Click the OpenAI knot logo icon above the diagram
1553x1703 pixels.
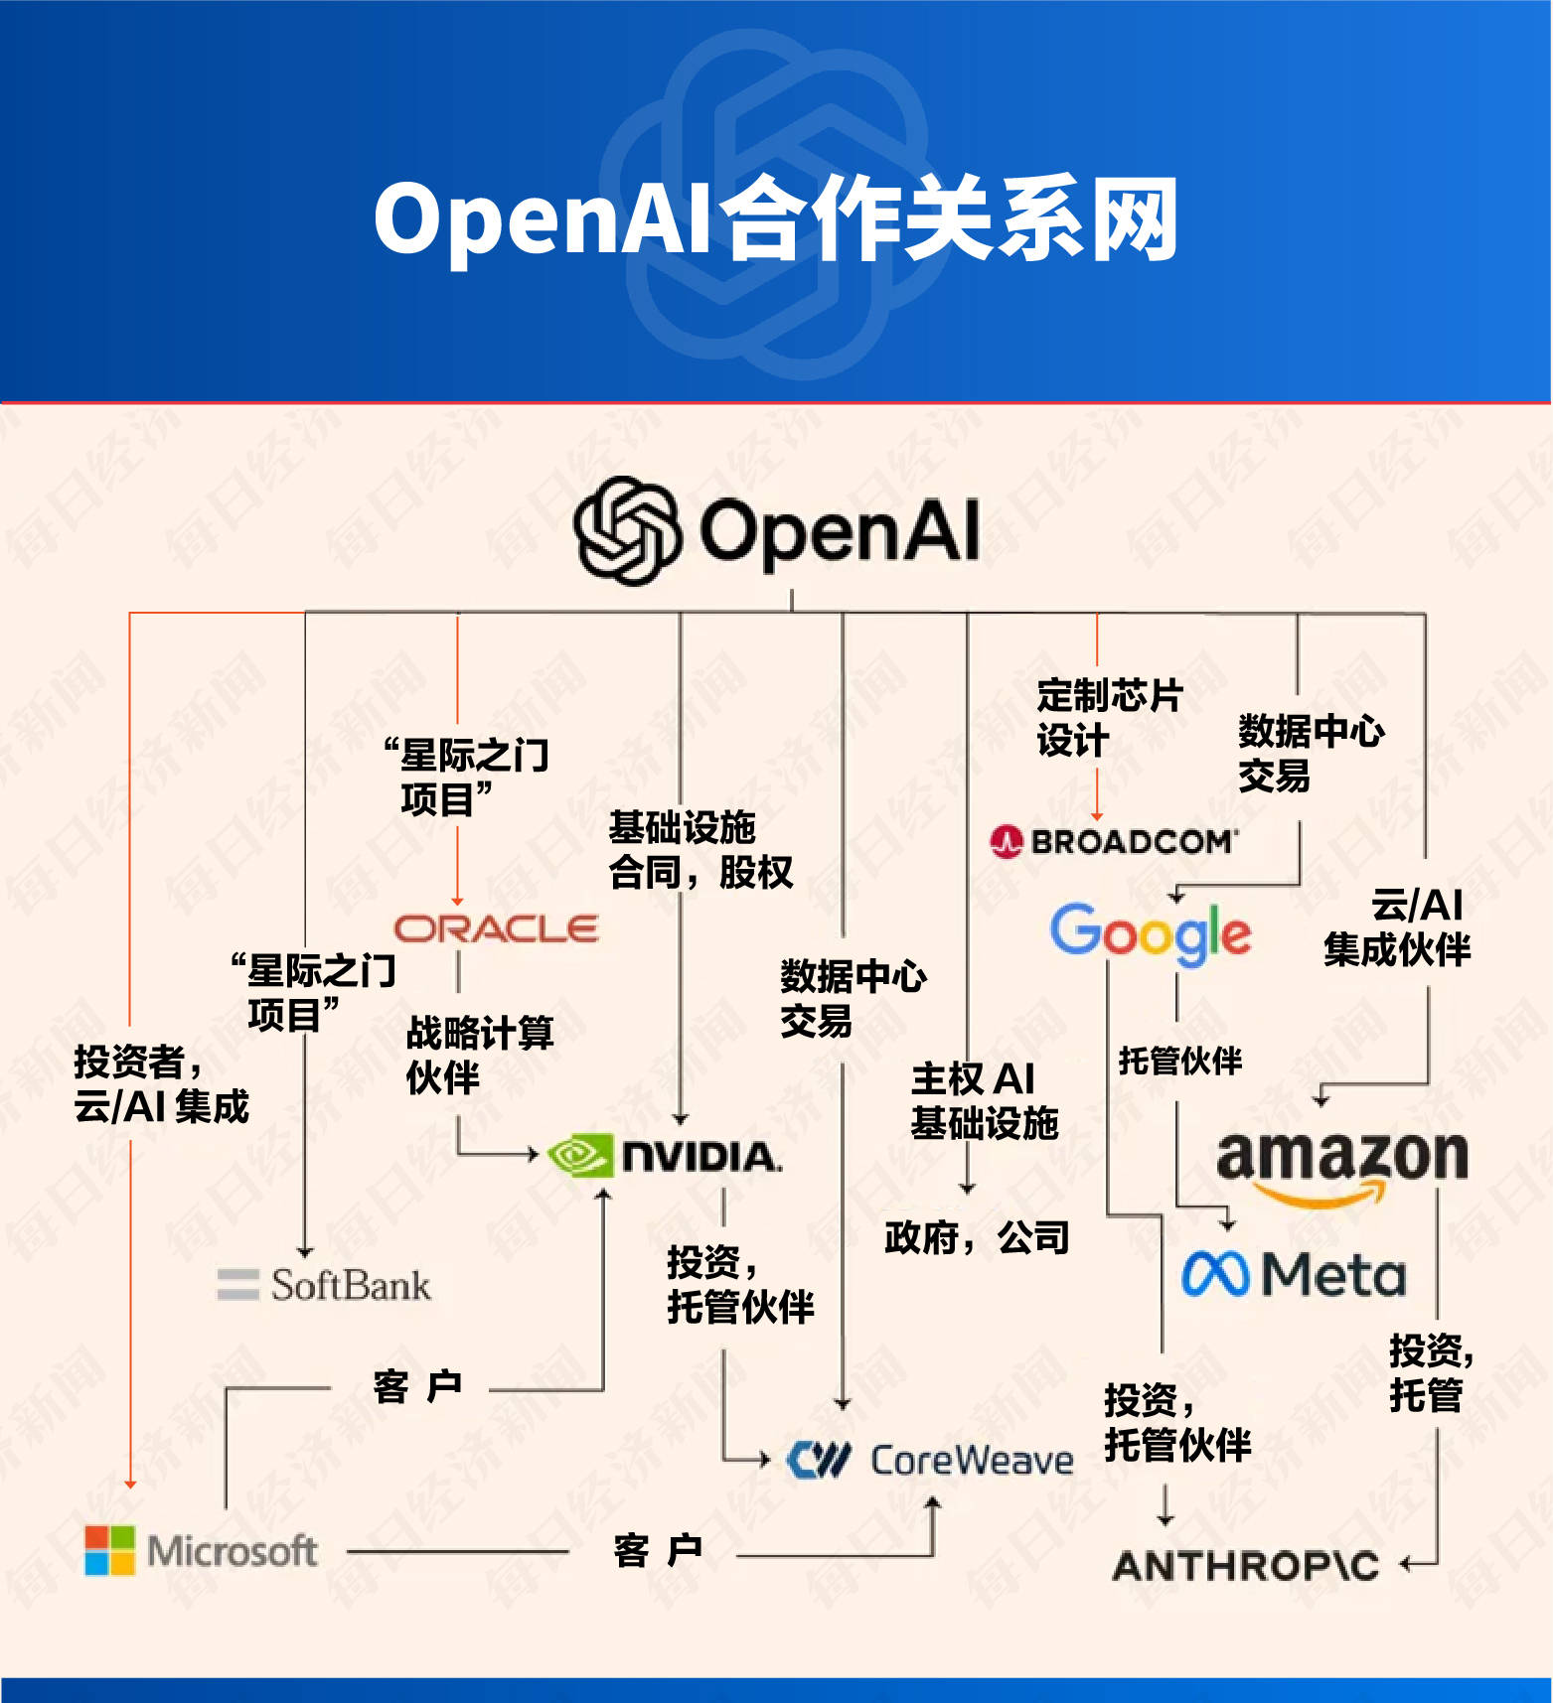(x=627, y=531)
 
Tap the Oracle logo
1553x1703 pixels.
(x=496, y=928)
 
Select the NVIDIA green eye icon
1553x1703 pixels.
(x=579, y=1156)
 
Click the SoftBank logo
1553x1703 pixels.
(x=325, y=1285)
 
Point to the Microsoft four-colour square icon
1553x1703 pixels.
(x=109, y=1550)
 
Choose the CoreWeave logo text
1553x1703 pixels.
(x=971, y=1461)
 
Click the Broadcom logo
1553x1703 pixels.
(x=1114, y=842)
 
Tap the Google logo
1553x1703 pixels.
(x=1150, y=933)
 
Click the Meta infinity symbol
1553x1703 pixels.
(x=1215, y=1274)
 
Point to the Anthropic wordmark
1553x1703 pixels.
(x=1246, y=1566)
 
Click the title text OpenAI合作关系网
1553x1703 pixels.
(x=776, y=219)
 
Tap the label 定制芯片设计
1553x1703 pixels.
(x=1108, y=717)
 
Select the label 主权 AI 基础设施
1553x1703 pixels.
(x=983, y=1100)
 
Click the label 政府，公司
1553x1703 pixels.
(x=976, y=1238)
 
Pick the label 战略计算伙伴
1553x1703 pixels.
(x=479, y=1055)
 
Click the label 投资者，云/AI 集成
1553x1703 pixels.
(x=161, y=1083)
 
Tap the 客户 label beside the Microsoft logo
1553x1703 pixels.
(x=658, y=1550)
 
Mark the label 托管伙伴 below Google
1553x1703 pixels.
(x=1179, y=1061)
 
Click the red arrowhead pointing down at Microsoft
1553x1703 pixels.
(x=130, y=1483)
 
